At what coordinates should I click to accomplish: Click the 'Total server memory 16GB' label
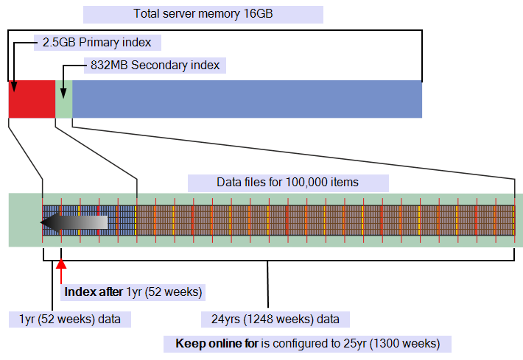(x=203, y=14)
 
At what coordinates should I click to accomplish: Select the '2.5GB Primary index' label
(x=96, y=43)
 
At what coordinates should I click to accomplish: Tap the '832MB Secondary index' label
(x=155, y=65)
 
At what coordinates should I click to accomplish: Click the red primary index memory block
(x=32, y=99)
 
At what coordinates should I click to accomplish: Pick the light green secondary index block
(x=63, y=99)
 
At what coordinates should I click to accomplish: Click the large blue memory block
(x=248, y=99)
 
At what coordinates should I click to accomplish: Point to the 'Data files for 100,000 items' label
(x=287, y=183)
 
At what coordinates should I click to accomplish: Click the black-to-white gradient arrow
(x=74, y=222)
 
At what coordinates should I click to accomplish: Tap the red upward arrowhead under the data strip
(x=61, y=264)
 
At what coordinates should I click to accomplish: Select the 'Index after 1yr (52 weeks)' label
(x=133, y=292)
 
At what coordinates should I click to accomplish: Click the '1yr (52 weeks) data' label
(x=70, y=320)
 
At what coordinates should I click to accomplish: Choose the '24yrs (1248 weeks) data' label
(x=275, y=320)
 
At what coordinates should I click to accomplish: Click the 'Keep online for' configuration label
(x=307, y=344)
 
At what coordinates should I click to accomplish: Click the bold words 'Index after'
(x=94, y=292)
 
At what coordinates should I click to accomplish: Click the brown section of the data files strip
(x=326, y=220)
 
